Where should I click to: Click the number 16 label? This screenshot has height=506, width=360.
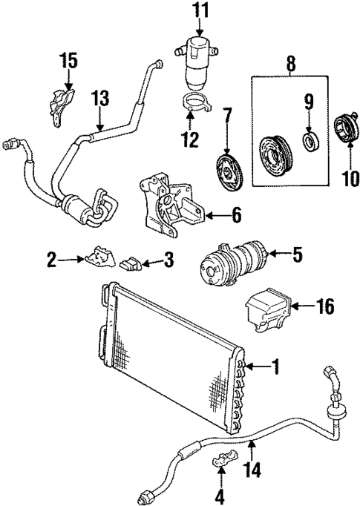325,305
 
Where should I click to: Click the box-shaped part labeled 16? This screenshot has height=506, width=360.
265,313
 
